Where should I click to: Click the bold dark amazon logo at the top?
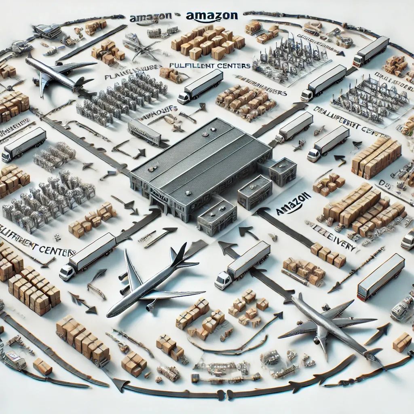(x=211, y=16)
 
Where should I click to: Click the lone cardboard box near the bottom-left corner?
(x=42, y=366)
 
